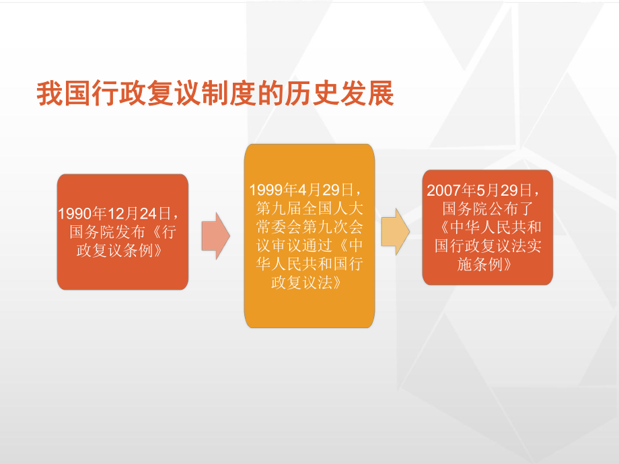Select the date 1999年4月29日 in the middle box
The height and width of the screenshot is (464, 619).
pyautogui.click(x=306, y=188)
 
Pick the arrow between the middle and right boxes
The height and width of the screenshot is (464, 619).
pyautogui.click(x=396, y=231)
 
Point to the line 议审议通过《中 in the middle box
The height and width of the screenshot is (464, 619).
pyautogui.click(x=310, y=245)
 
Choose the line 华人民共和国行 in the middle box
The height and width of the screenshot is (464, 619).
pyautogui.click(x=310, y=264)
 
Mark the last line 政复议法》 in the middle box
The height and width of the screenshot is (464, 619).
pyautogui.click(x=307, y=283)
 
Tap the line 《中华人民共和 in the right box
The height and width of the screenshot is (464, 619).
pyautogui.click(x=488, y=227)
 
